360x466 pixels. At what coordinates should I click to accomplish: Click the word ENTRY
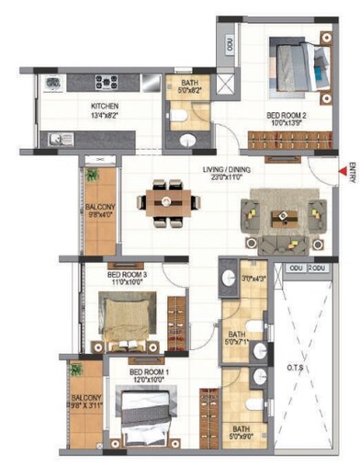[351, 175]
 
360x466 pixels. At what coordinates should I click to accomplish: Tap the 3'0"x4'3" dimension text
[253, 278]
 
